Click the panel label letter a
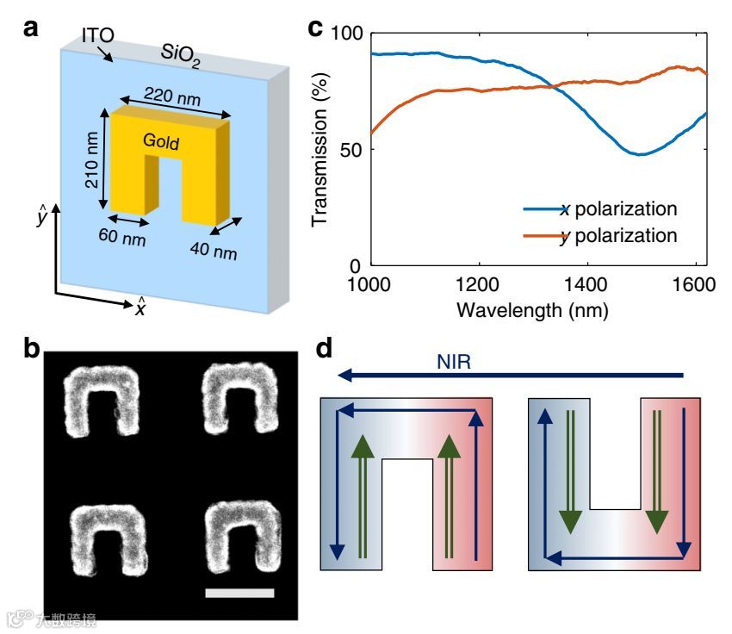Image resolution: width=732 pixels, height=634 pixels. click(31, 28)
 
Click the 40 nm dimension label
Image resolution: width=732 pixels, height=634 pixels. click(214, 252)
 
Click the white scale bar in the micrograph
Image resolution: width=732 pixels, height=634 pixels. click(240, 593)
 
